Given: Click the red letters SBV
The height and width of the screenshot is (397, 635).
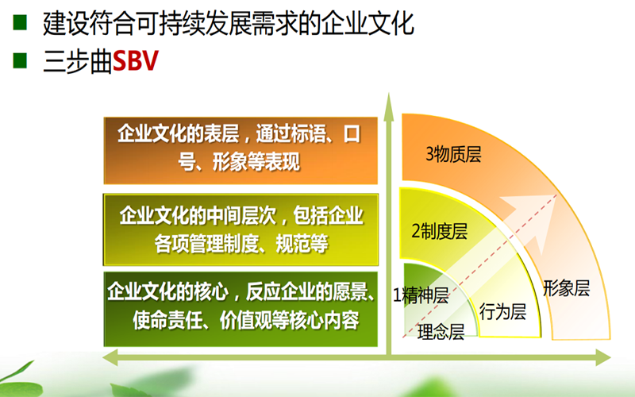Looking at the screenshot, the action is click(x=135, y=62).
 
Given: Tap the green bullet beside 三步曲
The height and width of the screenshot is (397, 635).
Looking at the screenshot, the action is click(x=20, y=60).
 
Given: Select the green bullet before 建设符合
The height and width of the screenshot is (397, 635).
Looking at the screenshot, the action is click(x=20, y=23).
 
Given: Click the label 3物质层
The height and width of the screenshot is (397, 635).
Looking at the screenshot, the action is click(x=453, y=154).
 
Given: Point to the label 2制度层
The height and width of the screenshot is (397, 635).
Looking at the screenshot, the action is click(x=440, y=231).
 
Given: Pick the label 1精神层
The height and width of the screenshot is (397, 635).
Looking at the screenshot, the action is click(x=421, y=295).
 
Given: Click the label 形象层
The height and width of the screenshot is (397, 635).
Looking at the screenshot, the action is click(x=566, y=288).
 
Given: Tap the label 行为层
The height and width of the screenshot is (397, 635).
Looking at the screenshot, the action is click(x=502, y=311).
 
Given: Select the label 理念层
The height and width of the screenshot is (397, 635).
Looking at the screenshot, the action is click(x=441, y=331).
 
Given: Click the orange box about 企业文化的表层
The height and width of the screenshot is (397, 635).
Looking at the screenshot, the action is click(x=241, y=151).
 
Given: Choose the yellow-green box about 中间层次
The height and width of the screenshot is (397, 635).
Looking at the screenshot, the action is click(x=241, y=229).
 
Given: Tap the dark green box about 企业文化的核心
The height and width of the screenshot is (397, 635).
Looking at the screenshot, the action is click(x=241, y=309).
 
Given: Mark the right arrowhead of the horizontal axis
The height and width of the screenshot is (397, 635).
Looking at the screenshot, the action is click(x=603, y=358).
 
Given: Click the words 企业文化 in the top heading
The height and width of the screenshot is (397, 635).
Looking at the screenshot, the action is click(x=368, y=24).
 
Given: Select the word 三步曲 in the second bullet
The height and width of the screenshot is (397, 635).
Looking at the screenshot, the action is click(x=77, y=62).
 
